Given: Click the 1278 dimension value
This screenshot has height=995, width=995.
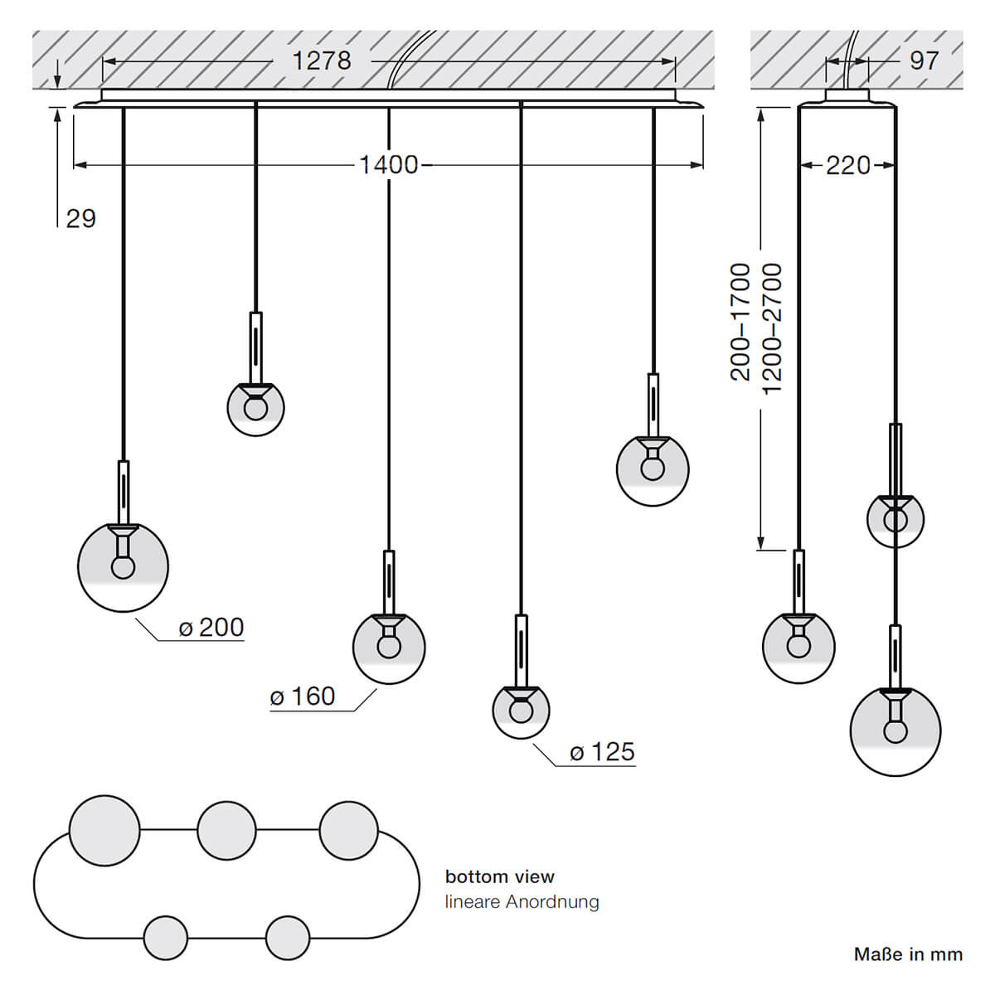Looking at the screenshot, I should tap(321, 61).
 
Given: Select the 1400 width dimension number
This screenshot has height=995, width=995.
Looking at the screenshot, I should tap(388, 165).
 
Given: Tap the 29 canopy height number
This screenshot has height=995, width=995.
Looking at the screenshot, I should tap(81, 219).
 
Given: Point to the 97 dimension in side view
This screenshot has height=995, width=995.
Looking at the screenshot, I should tap(924, 61).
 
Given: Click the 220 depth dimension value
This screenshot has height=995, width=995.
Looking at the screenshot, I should tap(848, 165).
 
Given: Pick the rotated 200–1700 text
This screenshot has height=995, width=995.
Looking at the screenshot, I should tap(740, 322).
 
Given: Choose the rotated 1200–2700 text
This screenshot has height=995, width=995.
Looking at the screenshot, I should tap(772, 329).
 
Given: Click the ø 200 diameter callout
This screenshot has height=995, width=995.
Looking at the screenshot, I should tap(211, 628).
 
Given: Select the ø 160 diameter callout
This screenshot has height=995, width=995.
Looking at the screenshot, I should tap(303, 696).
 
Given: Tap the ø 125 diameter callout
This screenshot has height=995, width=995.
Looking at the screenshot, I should tap(602, 752).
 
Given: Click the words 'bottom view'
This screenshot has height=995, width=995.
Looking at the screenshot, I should tap(499, 876).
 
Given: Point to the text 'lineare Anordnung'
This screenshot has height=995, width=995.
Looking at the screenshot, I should tap(522, 901).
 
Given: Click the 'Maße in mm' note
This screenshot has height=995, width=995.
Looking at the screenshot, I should tap(908, 954).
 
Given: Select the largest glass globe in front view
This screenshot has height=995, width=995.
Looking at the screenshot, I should tap(123, 567).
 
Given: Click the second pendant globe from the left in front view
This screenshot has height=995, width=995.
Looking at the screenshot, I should tap(256, 408).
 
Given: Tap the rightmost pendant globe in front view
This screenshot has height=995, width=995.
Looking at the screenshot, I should tap(653, 469).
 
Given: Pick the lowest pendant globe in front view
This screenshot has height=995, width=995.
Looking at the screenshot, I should tap(521, 711).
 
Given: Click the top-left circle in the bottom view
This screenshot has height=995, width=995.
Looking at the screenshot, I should tap(104, 830).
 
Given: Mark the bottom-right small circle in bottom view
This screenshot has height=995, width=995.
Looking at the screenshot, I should tap(288, 938).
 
